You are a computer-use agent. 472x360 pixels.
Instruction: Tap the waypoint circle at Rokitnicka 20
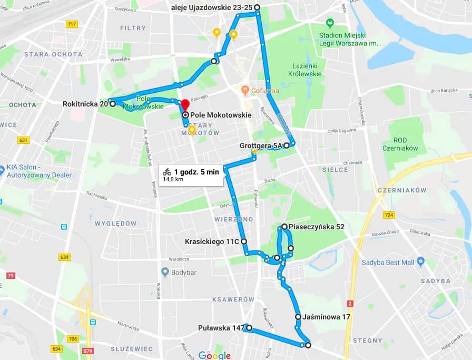[113, 104]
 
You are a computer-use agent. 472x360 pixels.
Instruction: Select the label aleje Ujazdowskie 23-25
[212, 7]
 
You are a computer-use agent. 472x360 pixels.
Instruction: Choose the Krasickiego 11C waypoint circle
[243, 241]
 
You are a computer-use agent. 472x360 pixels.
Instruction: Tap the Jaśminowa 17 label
[327, 317]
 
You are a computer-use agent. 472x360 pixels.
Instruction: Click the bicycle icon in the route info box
[167, 171]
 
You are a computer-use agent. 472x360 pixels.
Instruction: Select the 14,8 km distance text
[173, 179]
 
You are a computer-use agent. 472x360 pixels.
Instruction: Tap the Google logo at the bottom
[215, 355]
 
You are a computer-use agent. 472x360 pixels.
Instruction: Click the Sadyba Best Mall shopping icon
[420, 261]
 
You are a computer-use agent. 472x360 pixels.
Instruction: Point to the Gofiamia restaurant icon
[245, 90]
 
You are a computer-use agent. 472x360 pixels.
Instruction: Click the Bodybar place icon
[165, 272]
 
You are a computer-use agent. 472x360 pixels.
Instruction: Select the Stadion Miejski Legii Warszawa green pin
[330, 23]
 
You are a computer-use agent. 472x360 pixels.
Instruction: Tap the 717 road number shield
[72, 24]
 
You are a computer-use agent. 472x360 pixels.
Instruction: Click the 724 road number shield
[389, 215]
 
